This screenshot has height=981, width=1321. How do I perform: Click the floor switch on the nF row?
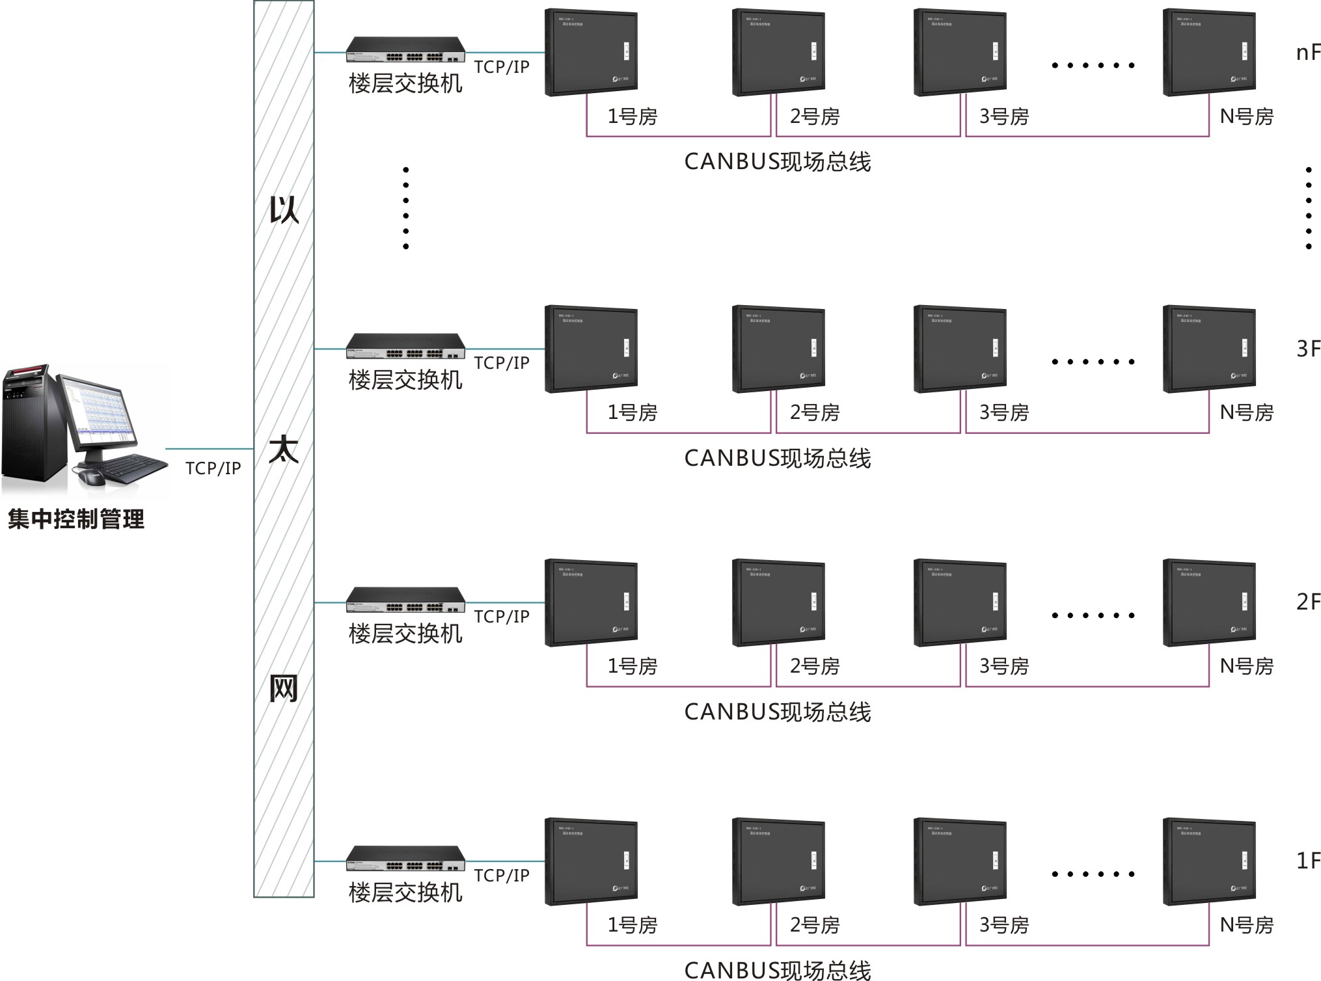click(x=405, y=49)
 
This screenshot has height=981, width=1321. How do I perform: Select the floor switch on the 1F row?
click(x=405, y=858)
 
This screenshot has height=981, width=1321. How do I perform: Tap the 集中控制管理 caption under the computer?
click(x=76, y=519)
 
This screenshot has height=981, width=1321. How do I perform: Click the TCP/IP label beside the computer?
click(x=213, y=468)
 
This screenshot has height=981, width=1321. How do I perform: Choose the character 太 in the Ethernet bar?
click(x=284, y=450)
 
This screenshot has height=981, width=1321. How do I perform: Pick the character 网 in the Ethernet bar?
click(x=284, y=688)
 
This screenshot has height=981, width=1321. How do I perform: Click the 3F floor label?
click(x=1308, y=349)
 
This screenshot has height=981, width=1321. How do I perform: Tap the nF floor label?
click(x=1308, y=53)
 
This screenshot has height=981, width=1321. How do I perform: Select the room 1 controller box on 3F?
click(x=591, y=349)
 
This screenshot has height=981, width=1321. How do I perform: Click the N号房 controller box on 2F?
click(x=1209, y=602)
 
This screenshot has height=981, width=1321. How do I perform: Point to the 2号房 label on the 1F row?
click(x=815, y=924)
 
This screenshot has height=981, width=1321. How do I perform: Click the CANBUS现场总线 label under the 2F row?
click(x=777, y=712)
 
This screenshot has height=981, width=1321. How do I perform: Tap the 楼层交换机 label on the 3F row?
click(x=405, y=380)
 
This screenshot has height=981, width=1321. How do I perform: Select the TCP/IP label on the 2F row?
click(x=502, y=616)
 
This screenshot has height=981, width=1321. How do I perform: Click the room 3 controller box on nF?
click(x=960, y=52)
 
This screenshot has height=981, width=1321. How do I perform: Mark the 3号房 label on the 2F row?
click(x=1004, y=666)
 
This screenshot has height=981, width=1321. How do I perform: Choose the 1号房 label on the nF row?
click(x=633, y=116)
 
